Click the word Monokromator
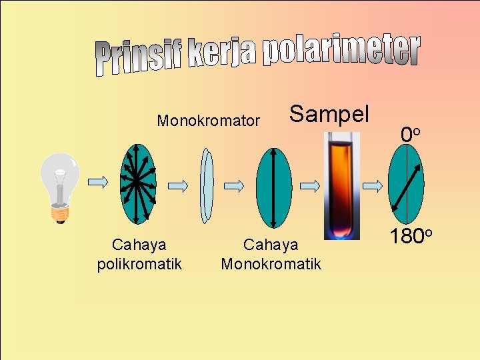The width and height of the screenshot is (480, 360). pos(208,121)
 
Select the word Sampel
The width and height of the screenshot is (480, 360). pos(329,113)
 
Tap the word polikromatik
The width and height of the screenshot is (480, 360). pos(139,264)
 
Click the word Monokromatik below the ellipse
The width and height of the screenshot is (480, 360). pos(271,264)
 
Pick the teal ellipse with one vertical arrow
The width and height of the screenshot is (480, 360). pos(273,187)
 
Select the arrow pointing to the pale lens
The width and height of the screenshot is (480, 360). pos(177,184)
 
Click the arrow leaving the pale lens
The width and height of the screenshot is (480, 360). pos(234,185)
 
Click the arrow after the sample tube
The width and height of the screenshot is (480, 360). pos(372,185)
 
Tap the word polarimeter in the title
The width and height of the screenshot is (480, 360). pos(341,52)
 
